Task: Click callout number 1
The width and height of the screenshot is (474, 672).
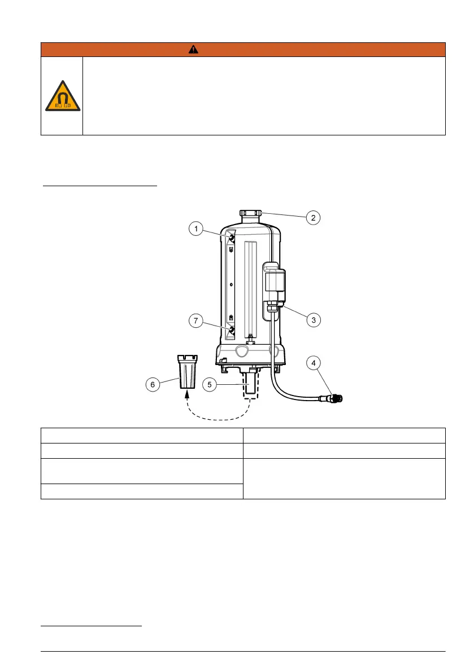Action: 196,229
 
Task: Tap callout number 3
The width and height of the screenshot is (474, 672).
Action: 314,319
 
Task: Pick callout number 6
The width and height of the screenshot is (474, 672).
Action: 151,385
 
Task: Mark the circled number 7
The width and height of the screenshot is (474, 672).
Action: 196,320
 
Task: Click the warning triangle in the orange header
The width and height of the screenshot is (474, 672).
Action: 194,49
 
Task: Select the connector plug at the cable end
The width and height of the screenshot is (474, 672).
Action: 336,399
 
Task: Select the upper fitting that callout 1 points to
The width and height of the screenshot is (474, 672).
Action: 231,239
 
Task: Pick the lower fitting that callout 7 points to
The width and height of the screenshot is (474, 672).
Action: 231,328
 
